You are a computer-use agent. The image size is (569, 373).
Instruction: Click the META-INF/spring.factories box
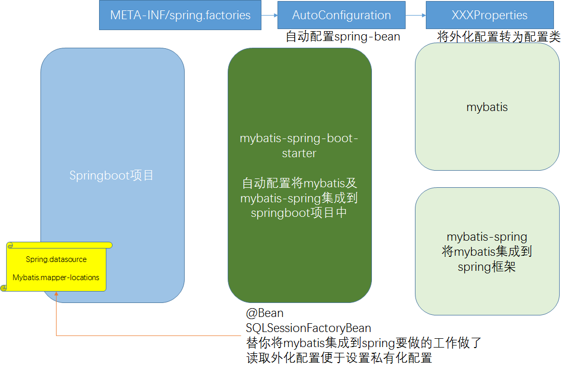point(180,15)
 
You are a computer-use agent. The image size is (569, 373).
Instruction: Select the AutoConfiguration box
point(341,15)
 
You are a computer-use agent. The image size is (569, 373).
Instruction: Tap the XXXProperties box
point(489,15)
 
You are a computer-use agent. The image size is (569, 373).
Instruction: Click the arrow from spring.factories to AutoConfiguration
point(269,16)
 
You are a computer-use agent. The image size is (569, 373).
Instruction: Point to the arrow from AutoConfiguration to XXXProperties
point(415,16)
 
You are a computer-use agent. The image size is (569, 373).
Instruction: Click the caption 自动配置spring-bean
point(343,37)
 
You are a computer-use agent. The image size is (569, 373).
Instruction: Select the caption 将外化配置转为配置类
point(499,37)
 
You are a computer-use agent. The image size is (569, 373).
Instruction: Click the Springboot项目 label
point(112,175)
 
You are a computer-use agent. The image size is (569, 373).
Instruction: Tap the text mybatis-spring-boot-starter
point(299,146)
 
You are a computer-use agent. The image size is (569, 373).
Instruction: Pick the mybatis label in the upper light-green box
point(487,107)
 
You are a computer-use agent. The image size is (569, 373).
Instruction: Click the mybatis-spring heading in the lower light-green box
point(487,237)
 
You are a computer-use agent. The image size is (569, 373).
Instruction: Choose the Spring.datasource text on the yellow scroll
point(56,259)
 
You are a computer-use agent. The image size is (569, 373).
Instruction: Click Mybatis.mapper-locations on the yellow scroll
point(56,278)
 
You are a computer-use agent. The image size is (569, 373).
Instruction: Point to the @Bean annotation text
point(265,313)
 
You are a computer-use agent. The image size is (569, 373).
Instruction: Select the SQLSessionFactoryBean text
point(308,328)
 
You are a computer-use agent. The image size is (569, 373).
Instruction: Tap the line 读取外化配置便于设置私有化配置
point(339,358)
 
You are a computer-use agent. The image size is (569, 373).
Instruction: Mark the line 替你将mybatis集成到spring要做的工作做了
point(364,343)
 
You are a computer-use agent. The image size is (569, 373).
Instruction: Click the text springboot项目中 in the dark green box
point(299,213)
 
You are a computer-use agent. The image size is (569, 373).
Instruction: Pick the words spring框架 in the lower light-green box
point(487,267)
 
